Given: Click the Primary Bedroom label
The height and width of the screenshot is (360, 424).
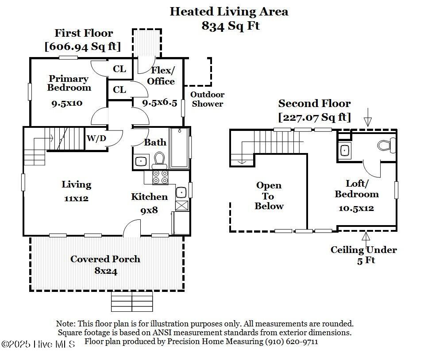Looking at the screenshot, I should [x=69, y=83].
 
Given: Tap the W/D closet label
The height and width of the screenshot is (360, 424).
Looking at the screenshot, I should [x=96, y=138].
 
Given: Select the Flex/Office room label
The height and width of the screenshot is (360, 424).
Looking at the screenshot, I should [x=161, y=76].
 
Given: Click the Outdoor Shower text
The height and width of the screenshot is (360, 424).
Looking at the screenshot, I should [x=207, y=99].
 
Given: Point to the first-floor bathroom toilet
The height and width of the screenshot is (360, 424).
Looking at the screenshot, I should [x=159, y=160].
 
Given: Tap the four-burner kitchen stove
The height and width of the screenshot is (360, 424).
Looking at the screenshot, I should [x=160, y=177].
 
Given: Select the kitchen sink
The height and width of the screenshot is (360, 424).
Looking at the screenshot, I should [x=181, y=192].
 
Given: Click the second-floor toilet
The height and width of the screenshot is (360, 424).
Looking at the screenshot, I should [x=386, y=145].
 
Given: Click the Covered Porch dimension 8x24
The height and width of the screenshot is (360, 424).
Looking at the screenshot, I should [x=106, y=271].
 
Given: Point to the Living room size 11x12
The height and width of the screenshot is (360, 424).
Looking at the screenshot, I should [x=76, y=199].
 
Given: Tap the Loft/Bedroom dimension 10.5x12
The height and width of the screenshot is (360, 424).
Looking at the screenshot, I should [x=356, y=208].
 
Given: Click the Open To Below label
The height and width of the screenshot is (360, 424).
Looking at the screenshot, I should [x=269, y=195].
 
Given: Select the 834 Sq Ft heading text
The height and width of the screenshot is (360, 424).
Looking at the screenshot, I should [x=230, y=26].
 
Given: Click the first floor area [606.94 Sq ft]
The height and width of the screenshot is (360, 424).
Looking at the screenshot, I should [x=83, y=46].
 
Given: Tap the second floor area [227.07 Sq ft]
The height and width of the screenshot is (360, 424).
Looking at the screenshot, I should [x=314, y=117].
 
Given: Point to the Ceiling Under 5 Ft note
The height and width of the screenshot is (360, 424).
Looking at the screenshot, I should [x=364, y=255].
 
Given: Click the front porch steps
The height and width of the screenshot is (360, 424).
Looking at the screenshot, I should [x=131, y=301].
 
